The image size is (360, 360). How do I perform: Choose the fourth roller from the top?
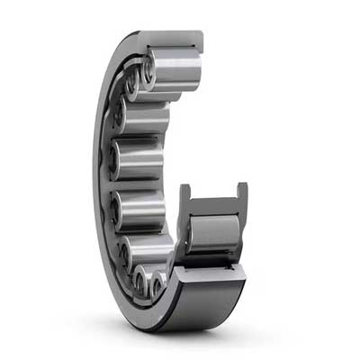140,160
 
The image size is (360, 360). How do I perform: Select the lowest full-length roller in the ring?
148,251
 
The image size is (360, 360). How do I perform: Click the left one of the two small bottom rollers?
142,282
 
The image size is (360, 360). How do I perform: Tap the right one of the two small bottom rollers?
159,285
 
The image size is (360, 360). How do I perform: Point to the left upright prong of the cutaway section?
185,200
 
